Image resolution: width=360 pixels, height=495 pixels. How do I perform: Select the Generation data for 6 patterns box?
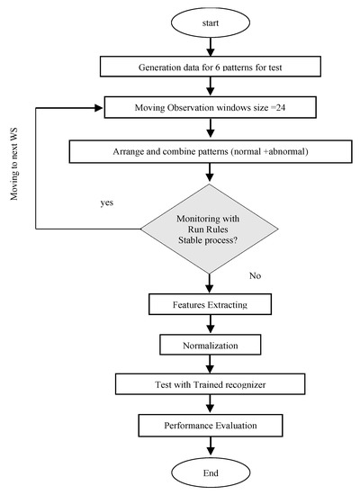pyautogui.click(x=209, y=66)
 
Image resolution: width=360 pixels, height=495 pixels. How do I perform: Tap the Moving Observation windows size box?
pyautogui.click(x=209, y=108)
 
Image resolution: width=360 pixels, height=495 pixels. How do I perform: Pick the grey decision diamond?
pyautogui.click(x=209, y=229)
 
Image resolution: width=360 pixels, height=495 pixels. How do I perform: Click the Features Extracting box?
pyautogui.click(x=209, y=306)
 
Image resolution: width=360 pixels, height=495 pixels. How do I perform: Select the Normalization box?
pyautogui.click(x=209, y=345)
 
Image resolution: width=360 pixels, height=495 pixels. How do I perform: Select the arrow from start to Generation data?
pyautogui.click(x=209, y=47)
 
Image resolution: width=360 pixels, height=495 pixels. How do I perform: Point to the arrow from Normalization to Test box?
pyautogui.click(x=209, y=364)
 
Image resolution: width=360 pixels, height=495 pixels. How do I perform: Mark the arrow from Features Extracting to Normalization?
pyautogui.click(x=209, y=325)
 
